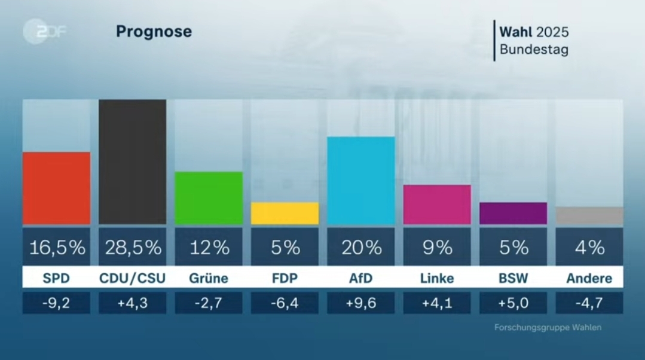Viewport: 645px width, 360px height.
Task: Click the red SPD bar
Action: coord(56,188)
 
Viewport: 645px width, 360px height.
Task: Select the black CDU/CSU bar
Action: coord(132,161)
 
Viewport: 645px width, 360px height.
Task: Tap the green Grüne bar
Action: coord(209,198)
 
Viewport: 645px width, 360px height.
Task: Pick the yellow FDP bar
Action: coord(285,213)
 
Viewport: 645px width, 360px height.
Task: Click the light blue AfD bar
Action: coord(360,180)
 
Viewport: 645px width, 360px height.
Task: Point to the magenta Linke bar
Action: coord(437,205)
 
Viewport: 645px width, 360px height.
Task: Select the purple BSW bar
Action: coord(513,213)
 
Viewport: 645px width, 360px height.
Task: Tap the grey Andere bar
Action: coord(589,215)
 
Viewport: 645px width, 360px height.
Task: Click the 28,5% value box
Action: coord(133,247)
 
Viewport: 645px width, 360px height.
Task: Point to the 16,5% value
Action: coord(57,247)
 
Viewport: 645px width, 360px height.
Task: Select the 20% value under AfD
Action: coord(361,247)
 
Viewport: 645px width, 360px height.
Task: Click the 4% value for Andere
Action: coord(589,247)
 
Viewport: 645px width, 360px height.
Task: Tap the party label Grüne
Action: coord(209,278)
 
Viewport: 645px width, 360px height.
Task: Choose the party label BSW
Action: coord(513,278)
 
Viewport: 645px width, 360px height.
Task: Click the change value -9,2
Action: coord(57,303)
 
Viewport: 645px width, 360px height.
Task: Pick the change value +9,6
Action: coord(361,303)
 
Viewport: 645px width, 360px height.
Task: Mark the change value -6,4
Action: coord(285,303)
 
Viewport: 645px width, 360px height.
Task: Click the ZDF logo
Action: coord(44,32)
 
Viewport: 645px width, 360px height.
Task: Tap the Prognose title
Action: coord(154,32)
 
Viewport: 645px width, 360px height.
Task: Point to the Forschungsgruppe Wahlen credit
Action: coord(548,328)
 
